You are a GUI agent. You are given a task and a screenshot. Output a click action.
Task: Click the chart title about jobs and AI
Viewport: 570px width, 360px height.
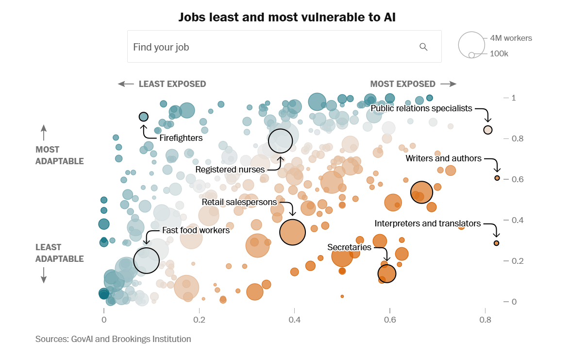click(287, 17)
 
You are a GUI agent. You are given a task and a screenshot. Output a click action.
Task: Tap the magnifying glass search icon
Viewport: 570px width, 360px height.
click(423, 47)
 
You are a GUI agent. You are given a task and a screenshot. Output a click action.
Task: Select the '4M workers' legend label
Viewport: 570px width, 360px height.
click(511, 38)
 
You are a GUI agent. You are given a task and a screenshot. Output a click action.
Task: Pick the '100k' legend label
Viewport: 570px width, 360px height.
click(499, 53)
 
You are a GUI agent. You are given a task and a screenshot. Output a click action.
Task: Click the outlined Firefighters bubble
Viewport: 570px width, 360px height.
click(143, 117)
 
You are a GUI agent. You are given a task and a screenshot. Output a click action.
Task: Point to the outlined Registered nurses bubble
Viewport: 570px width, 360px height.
click(280, 141)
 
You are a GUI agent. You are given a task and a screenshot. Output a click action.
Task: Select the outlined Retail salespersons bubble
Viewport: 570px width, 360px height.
click(292, 232)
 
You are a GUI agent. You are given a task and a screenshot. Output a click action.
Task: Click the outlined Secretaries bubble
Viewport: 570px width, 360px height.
click(387, 274)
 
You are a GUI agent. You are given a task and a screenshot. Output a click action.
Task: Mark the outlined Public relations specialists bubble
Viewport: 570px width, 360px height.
click(488, 130)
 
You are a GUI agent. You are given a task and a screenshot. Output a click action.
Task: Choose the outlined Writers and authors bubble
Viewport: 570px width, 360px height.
click(497, 178)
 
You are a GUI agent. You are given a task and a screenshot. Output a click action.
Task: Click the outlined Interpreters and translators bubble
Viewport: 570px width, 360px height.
click(497, 243)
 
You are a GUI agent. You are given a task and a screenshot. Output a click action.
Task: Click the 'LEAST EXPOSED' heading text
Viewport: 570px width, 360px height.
click(172, 84)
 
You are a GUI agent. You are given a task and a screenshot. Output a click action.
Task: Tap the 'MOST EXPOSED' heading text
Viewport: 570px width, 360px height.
click(402, 84)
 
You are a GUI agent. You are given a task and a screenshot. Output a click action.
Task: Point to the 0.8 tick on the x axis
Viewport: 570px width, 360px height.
click(485, 320)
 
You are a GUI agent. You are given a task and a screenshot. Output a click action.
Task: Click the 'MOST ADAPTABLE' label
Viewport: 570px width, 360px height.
click(60, 155)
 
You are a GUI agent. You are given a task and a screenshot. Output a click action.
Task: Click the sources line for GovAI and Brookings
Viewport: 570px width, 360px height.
click(113, 339)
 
